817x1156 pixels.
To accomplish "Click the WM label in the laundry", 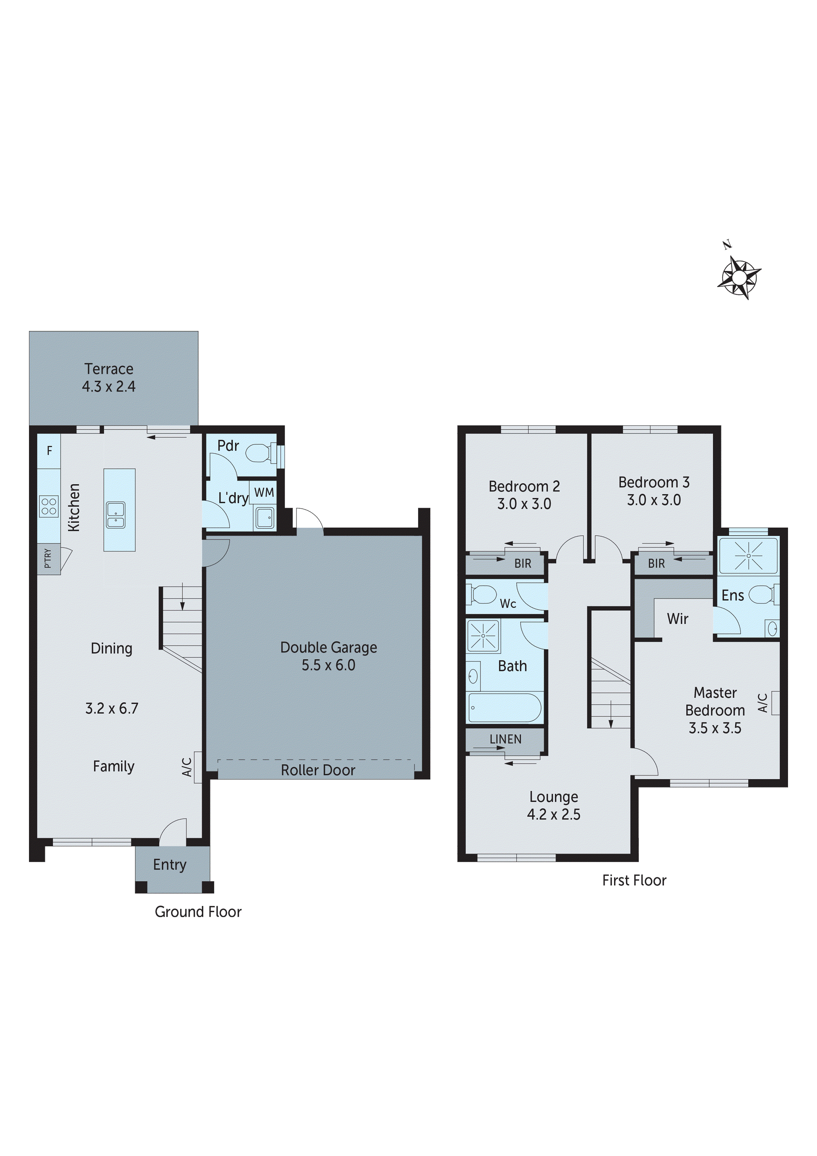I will coord(264,492).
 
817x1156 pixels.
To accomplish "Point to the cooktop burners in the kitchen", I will coord(49,506).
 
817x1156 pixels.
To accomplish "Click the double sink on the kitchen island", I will coord(116,514).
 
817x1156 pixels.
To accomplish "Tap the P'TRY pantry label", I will coord(48,558).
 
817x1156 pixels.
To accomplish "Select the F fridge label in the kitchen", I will coord(49,450).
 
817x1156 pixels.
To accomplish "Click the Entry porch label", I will coord(170,864).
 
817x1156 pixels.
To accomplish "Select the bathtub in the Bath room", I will coord(504,708).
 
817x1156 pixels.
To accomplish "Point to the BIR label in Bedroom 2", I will coord(522,564).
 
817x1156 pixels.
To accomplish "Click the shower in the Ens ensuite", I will coord(748,556).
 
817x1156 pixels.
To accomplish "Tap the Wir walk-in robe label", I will coord(678,619).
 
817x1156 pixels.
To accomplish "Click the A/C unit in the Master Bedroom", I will coord(775,703).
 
